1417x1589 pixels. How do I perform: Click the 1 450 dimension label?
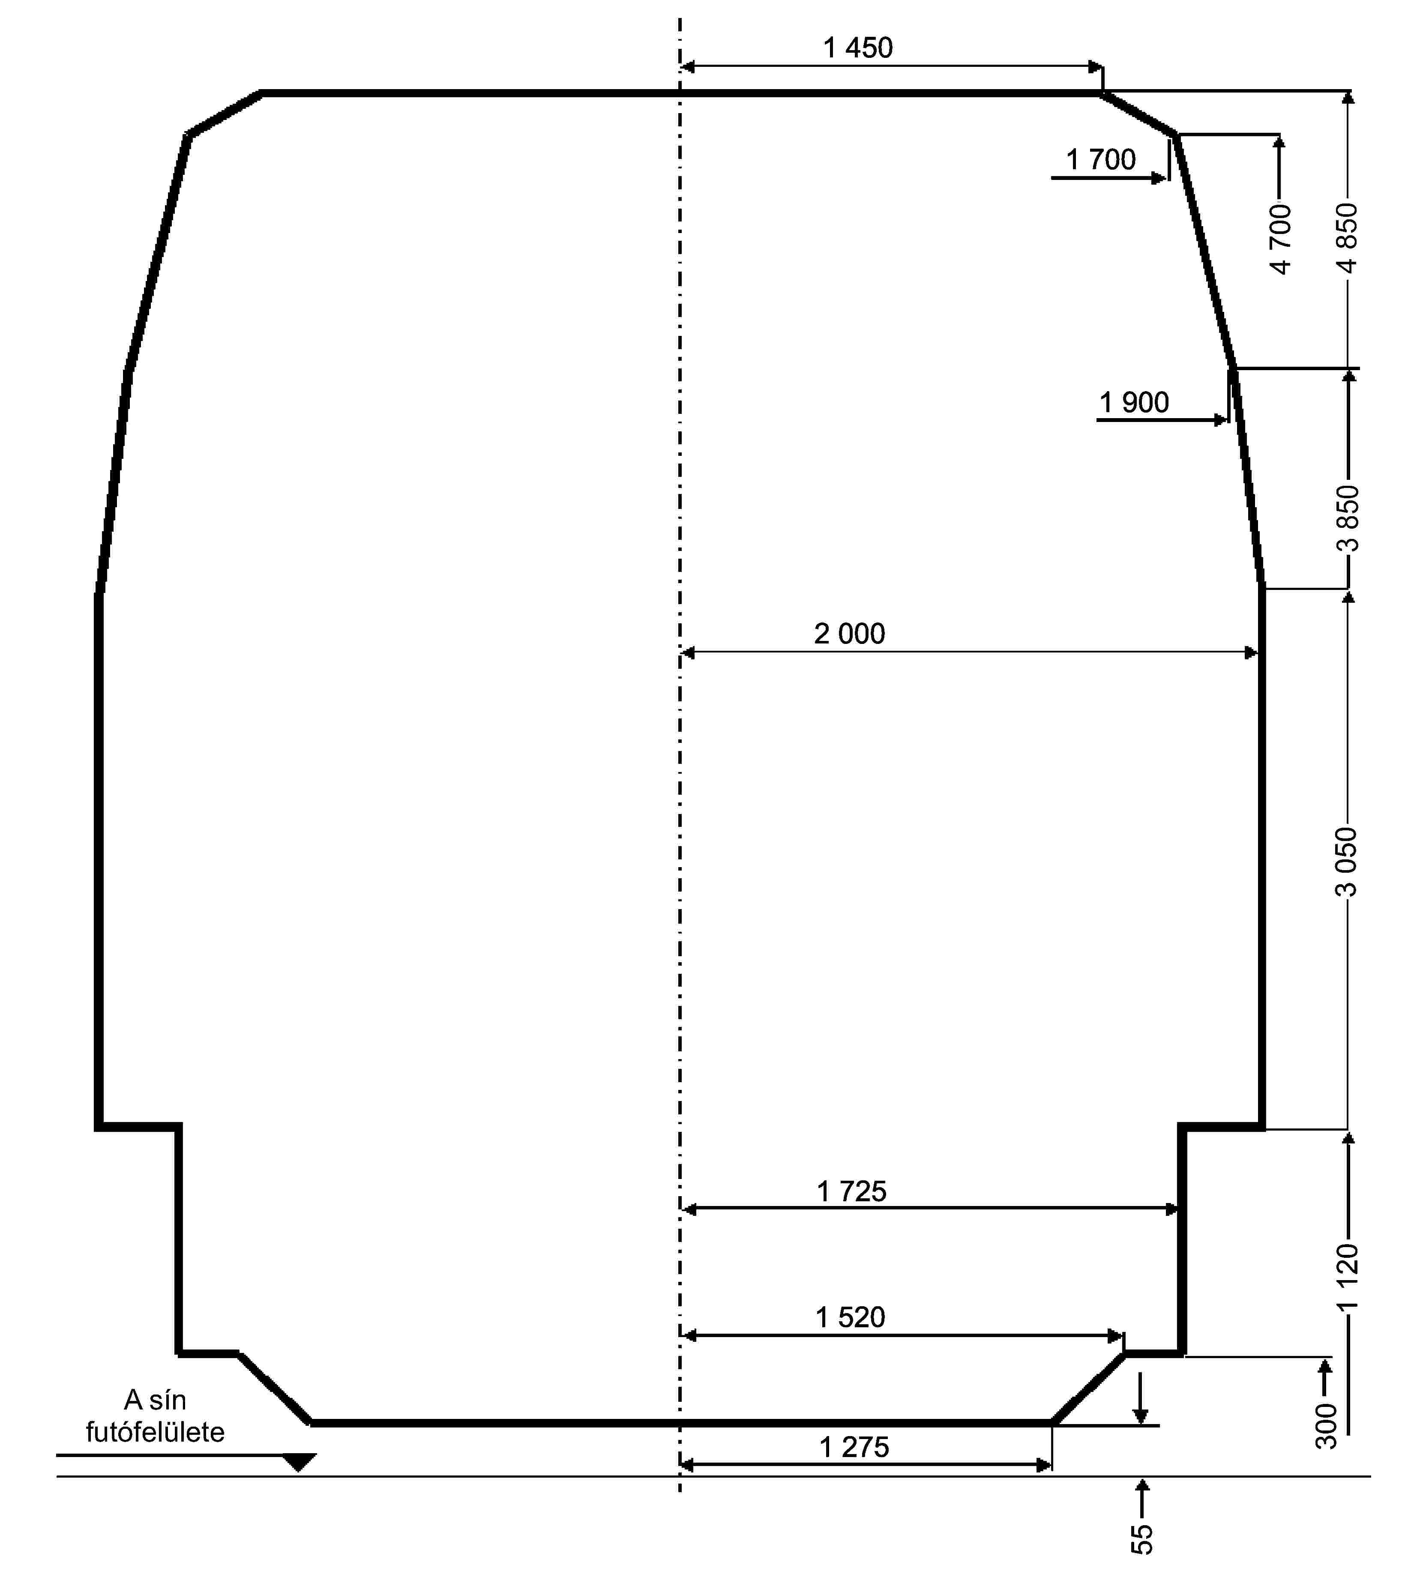pyautogui.click(x=858, y=48)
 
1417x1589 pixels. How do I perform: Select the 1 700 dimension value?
pyautogui.click(x=1101, y=160)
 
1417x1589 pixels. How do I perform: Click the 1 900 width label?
pyautogui.click(x=1134, y=403)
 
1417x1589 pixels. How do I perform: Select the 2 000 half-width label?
pyautogui.click(x=849, y=634)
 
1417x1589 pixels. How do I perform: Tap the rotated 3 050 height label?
pyautogui.click(x=1347, y=862)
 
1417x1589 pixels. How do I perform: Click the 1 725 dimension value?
pyautogui.click(x=852, y=1191)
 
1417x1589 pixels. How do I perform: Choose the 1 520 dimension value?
pyautogui.click(x=850, y=1317)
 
